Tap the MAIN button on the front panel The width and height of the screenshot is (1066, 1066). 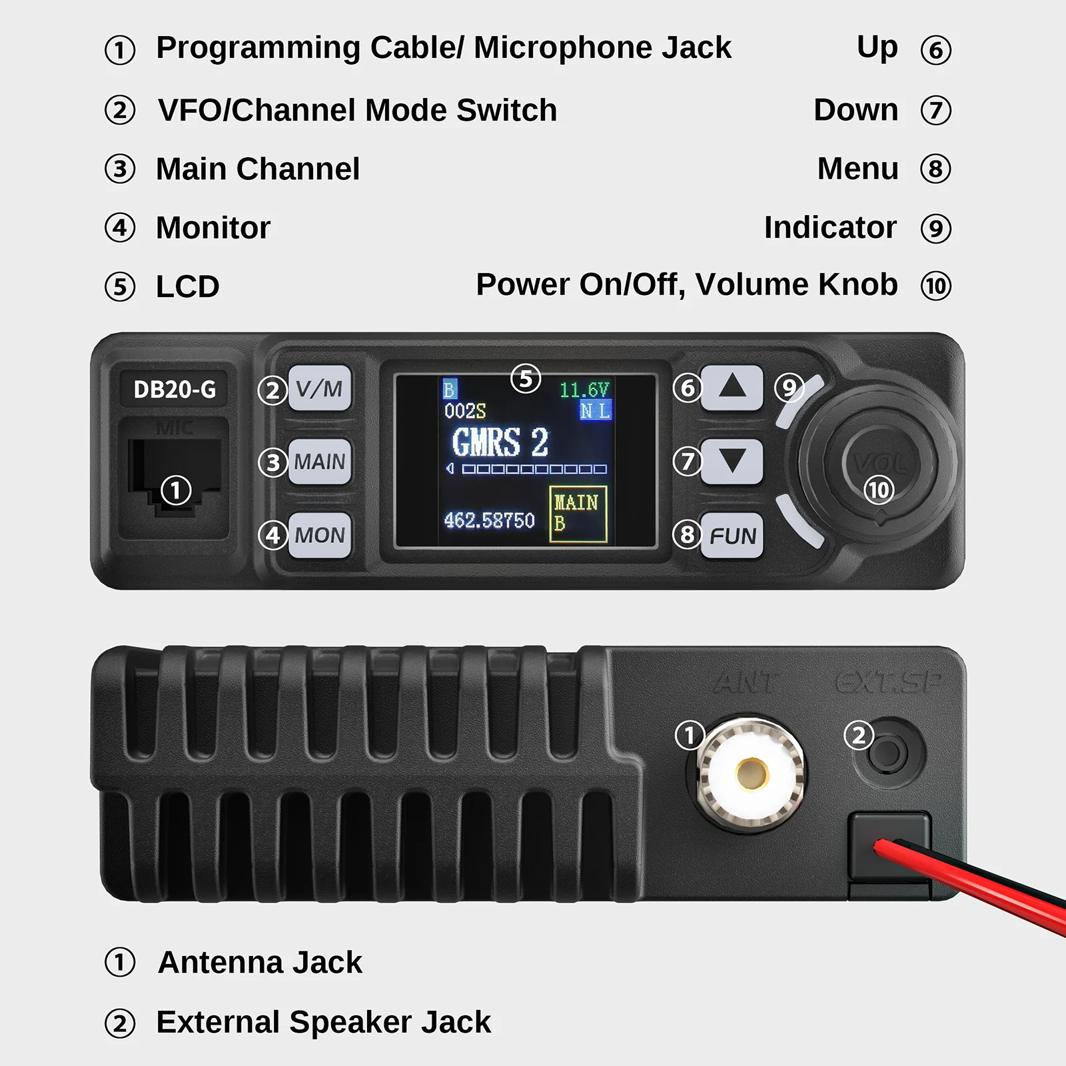(x=320, y=462)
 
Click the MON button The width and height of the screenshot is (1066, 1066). (x=320, y=535)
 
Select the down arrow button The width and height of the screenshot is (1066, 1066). (x=732, y=461)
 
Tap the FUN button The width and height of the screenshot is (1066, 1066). (x=732, y=536)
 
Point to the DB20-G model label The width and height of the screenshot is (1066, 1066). (x=175, y=390)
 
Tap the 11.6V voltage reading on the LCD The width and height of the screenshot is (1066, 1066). (x=584, y=390)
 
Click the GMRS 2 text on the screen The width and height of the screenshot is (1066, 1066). (x=500, y=442)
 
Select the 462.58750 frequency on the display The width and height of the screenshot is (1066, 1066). (x=489, y=520)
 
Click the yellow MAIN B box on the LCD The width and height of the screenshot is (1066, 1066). (x=578, y=514)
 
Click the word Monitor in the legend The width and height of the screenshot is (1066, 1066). (x=213, y=228)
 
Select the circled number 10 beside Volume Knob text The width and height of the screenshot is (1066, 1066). (x=935, y=286)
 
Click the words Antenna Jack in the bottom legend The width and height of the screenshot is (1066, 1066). (x=260, y=963)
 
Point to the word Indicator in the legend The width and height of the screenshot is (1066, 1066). (x=830, y=228)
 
